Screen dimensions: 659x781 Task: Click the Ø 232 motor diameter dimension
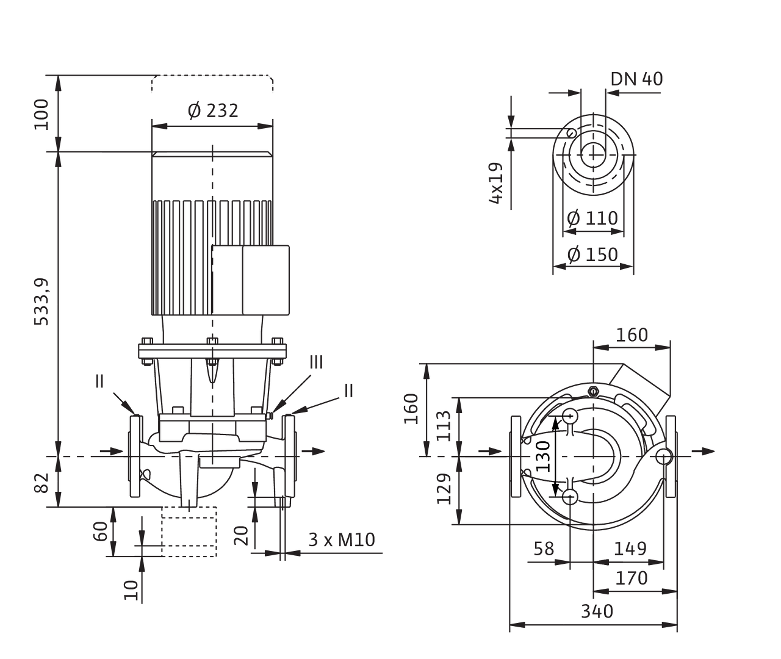[212, 111]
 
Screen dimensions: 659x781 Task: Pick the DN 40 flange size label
[637, 79]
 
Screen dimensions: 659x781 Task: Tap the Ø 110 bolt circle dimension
[592, 218]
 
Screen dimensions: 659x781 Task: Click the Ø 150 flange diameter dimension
[592, 253]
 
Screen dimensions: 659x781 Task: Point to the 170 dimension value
[631, 577]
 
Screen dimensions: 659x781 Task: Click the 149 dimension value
[630, 549]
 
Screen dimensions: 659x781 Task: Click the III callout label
[315, 362]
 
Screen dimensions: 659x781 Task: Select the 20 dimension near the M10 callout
[242, 535]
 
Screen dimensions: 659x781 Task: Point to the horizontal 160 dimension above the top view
[632, 335]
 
